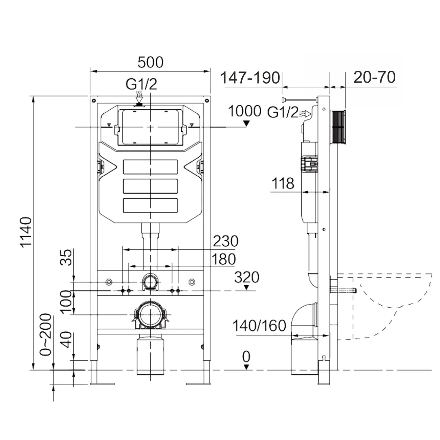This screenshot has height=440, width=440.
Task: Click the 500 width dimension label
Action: (x=151, y=62)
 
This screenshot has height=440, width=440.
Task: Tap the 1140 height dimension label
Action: (x=26, y=232)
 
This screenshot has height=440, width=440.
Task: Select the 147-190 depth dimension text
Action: (x=250, y=78)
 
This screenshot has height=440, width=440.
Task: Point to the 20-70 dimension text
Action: (x=374, y=77)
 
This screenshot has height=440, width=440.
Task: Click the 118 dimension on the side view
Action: (x=283, y=183)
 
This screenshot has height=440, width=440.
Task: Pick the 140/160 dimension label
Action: (x=259, y=326)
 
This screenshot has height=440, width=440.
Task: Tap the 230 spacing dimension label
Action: (x=226, y=241)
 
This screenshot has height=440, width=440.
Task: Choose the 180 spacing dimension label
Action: (x=223, y=259)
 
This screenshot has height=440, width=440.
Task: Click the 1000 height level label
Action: (x=245, y=111)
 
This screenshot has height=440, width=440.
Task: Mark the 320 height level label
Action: (x=247, y=277)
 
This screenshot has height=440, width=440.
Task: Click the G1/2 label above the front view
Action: (x=141, y=84)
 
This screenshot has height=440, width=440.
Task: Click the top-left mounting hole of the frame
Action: (x=93, y=101)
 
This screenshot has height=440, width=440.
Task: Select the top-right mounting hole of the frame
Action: (x=207, y=101)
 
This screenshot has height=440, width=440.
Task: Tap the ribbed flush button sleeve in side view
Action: (x=338, y=127)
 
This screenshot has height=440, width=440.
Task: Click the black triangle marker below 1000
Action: (x=246, y=124)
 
